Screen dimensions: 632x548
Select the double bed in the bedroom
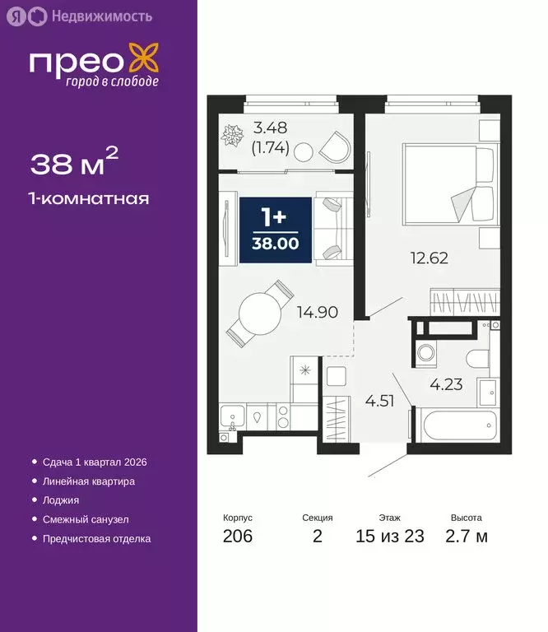[x=449, y=184]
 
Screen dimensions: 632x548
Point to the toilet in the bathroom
[x=476, y=358]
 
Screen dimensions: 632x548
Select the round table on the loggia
[x=304, y=151]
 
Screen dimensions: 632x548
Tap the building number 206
[x=238, y=537]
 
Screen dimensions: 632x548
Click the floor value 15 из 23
[x=390, y=537]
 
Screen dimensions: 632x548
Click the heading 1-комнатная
[x=90, y=198]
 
